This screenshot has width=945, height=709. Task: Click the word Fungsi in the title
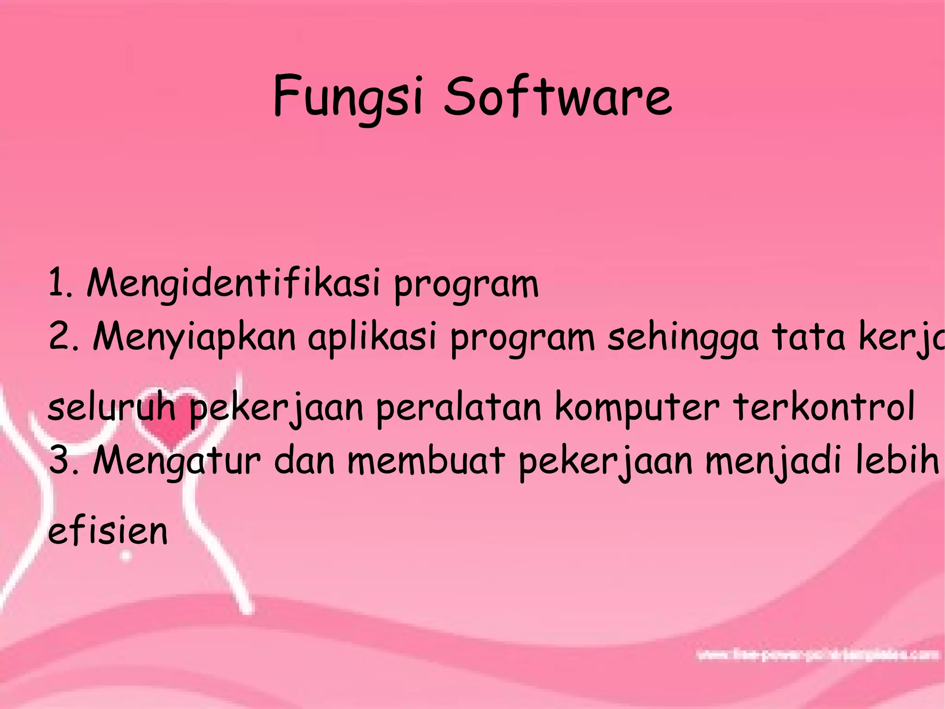[347, 97]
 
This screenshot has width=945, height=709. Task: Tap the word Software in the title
[557, 96]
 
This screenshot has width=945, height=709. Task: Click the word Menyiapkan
[194, 337]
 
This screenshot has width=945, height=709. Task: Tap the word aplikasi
[372, 337]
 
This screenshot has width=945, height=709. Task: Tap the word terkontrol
[824, 406]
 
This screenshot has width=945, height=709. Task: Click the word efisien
[108, 531]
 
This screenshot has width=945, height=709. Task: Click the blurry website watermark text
[817, 655]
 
